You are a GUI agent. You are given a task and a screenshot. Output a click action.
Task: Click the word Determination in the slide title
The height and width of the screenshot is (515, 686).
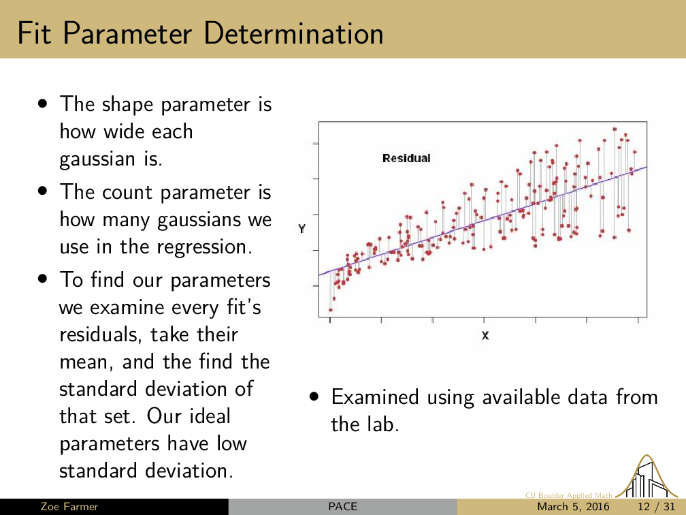pos(293,33)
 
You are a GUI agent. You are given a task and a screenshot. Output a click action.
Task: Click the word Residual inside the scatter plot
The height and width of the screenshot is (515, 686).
pos(406,158)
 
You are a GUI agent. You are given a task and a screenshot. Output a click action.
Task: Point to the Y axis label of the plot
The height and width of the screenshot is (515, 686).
pos(302,229)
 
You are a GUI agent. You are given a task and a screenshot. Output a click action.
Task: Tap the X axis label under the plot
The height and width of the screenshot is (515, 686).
pos(485,336)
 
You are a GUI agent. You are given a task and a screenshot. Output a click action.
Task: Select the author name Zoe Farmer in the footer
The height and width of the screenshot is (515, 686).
pos(69,507)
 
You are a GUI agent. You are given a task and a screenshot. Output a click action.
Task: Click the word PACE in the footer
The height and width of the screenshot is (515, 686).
pos(342,507)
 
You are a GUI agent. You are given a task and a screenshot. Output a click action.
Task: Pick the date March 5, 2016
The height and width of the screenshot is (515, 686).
pos(573,507)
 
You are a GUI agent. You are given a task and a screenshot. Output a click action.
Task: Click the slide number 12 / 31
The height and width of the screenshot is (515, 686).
pos(656,507)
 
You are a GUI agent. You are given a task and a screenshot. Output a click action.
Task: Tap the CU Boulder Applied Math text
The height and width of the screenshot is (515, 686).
pos(569,495)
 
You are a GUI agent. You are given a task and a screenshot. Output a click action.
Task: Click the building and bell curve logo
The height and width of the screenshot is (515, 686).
pos(647,478)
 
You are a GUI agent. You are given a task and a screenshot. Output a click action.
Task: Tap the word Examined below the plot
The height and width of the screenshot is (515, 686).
pos(375,397)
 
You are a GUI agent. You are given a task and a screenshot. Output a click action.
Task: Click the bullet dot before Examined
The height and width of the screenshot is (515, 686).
pos(314,396)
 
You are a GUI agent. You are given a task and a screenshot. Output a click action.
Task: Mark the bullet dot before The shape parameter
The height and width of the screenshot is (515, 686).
pos(42,104)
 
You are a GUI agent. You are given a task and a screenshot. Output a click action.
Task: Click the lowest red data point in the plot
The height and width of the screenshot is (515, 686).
pos(331,310)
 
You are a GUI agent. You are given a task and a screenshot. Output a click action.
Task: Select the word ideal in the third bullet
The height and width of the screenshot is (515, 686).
pos(209,416)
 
